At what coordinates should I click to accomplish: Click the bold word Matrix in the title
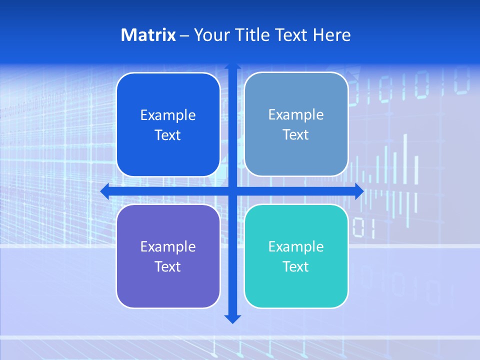[148, 35]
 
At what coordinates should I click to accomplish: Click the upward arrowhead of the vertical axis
[232, 66]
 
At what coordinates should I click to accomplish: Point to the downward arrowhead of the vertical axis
[232, 318]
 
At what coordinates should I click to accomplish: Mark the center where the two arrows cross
[232, 191]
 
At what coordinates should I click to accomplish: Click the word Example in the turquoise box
[296, 246]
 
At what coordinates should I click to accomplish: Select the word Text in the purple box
[167, 266]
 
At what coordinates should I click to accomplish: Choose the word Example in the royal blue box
[168, 115]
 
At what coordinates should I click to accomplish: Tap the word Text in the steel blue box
[295, 134]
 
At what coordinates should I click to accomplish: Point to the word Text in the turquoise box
[295, 266]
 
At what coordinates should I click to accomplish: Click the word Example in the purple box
[168, 246]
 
